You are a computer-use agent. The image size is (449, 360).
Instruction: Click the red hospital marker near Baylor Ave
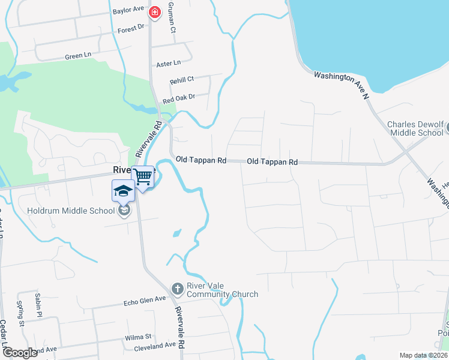coord(155,12)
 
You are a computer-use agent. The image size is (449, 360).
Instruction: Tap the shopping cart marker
coord(143,176)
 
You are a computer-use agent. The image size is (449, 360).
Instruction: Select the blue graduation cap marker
coord(123,191)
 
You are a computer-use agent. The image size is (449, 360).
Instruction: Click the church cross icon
coord(177,289)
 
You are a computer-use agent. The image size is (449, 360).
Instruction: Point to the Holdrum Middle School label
coord(70,211)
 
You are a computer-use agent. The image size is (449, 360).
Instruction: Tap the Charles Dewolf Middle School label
coord(415,128)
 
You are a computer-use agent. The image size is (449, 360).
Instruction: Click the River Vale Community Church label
coord(223,290)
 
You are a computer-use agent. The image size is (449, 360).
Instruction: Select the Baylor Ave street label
coord(128,11)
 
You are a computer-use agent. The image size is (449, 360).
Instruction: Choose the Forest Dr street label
coord(131,28)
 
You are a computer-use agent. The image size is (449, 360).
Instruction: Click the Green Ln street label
coord(77,56)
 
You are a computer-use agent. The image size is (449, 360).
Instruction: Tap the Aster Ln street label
coord(168,63)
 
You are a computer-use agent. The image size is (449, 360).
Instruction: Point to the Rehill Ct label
coord(182,79)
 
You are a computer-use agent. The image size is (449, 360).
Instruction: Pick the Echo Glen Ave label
coord(144,299)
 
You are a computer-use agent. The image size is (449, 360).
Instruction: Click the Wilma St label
coord(139,338)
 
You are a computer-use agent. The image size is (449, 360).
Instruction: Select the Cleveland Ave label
coord(154,345)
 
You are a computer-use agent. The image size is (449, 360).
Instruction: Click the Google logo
coord(20,353)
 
